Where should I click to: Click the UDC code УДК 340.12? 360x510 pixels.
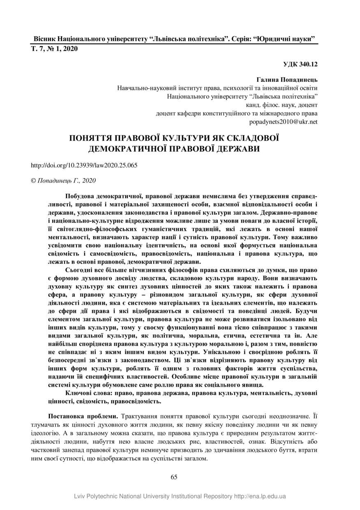coord(300,65)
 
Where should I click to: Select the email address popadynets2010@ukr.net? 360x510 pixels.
coord(284,122)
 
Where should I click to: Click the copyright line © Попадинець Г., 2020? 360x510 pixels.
coord(63,181)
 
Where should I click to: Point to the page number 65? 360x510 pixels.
coord(174,477)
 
